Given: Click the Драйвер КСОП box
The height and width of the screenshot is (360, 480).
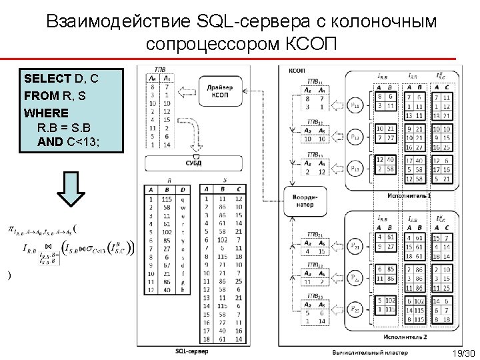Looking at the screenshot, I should [x=219, y=91].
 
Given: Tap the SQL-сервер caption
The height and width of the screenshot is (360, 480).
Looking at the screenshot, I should [x=191, y=351].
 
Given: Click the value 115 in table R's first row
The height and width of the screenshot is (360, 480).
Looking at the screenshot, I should [x=167, y=199].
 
